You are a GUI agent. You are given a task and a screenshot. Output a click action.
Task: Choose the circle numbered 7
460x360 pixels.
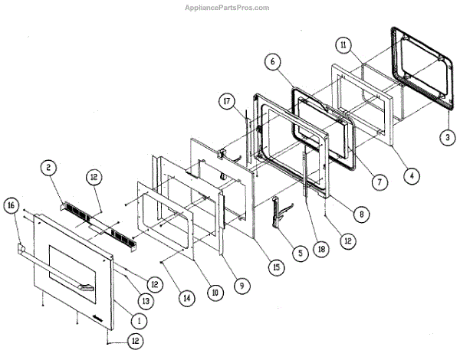coord(376,182)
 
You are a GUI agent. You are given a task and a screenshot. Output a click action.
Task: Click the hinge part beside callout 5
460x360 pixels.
coord(277,214)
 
